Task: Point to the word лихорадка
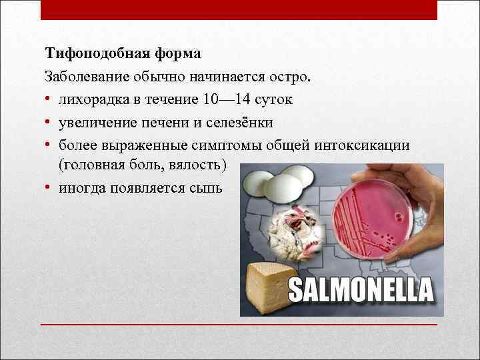pos(90,99)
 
